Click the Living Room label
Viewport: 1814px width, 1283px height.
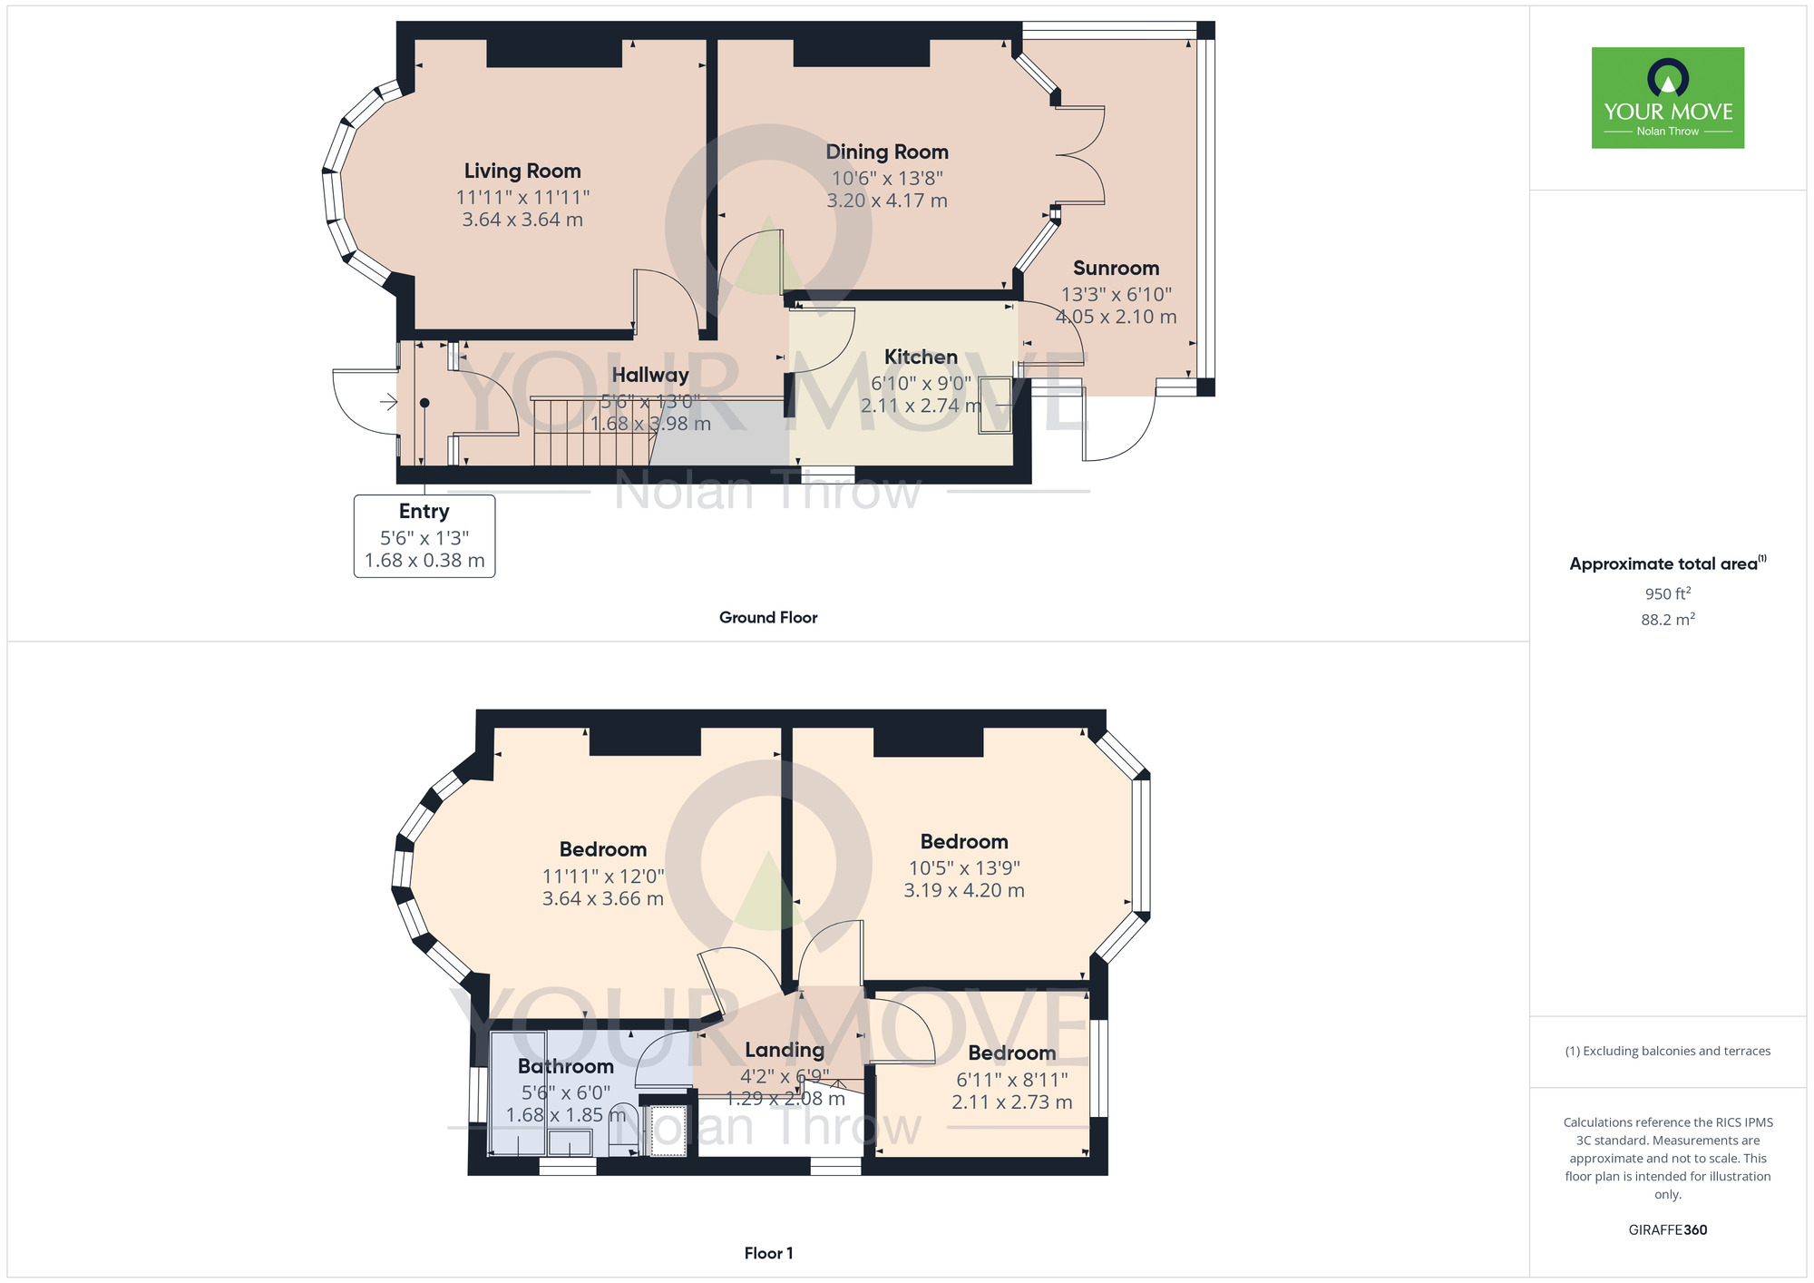(x=522, y=171)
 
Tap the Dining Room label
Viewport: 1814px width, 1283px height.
(x=887, y=152)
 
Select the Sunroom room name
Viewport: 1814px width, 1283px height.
(x=1116, y=268)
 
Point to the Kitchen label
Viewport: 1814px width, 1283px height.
(x=921, y=357)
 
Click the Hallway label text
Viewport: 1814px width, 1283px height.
(x=650, y=375)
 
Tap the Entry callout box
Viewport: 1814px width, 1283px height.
(x=424, y=535)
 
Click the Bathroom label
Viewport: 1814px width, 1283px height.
(x=566, y=1066)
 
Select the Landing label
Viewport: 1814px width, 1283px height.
(x=785, y=1050)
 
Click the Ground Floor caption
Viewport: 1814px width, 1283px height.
(x=768, y=617)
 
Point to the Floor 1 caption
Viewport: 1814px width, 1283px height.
(x=768, y=1253)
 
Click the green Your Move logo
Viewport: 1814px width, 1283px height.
(x=1668, y=98)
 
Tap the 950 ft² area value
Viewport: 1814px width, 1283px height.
(x=1668, y=593)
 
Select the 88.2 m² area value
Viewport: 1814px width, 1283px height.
(x=1668, y=620)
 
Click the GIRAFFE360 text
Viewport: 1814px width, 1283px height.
(x=1668, y=1230)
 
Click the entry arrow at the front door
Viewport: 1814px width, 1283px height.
(x=388, y=401)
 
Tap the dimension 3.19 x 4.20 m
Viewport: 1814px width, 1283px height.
(x=964, y=890)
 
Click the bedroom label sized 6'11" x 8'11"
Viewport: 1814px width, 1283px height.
(x=1012, y=1053)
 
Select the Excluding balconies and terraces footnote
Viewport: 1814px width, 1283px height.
(x=1668, y=1051)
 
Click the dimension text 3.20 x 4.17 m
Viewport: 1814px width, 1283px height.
(x=887, y=201)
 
